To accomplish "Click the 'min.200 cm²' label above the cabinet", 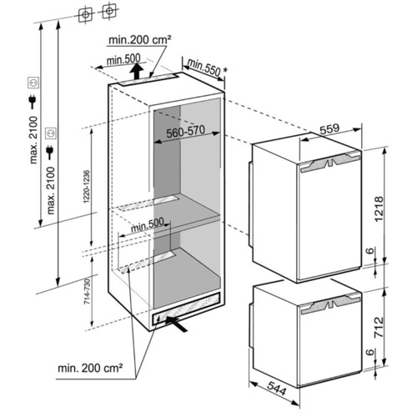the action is (139, 40).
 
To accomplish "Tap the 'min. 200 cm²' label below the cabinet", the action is (90, 369).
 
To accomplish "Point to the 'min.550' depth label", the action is (203, 68).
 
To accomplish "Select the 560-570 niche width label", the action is (185, 132).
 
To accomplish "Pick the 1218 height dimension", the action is (379, 208).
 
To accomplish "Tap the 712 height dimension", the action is (379, 327).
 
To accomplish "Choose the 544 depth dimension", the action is (276, 389).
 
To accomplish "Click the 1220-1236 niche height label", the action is (87, 187).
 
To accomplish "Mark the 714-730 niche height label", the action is (87, 291).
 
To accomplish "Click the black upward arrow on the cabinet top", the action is (136, 71).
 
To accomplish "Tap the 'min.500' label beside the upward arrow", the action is (123, 59).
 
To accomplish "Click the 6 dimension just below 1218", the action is (370, 251).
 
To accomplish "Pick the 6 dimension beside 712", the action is (370, 352).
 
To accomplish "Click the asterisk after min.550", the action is (224, 71).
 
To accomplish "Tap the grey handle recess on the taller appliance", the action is (329, 163).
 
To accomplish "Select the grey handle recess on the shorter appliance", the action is (330, 305).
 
